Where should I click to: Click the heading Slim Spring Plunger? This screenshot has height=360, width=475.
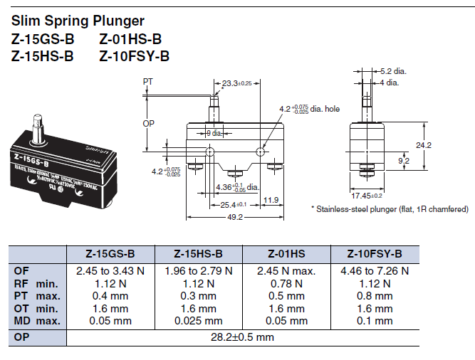click(78, 21)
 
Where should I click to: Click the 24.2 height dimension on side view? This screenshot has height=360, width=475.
click(424, 144)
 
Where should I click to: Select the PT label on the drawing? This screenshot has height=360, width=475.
click(148, 82)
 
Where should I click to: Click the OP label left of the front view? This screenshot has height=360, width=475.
click(149, 122)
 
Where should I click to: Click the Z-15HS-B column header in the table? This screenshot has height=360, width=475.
click(199, 254)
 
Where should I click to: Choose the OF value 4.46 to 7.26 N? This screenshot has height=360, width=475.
click(375, 270)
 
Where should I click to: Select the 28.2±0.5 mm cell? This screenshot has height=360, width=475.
click(243, 337)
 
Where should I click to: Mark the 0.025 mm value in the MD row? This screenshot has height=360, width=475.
click(199, 321)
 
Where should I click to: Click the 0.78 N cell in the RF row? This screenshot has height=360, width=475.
click(286, 283)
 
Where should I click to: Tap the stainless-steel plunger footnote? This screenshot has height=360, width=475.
click(390, 208)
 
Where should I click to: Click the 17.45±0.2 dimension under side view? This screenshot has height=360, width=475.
click(367, 195)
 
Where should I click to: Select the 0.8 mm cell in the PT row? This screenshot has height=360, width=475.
click(375, 296)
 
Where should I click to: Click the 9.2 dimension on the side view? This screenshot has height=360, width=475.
click(403, 162)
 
